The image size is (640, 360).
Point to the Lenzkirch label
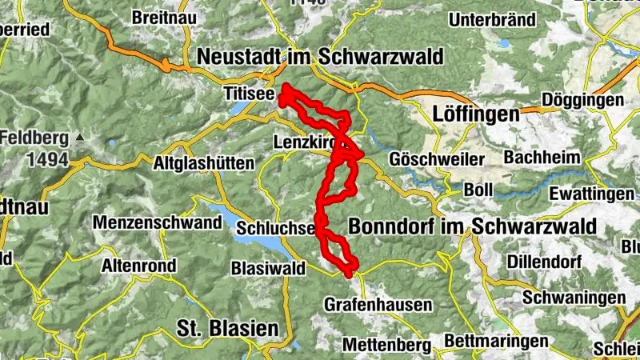(302, 140)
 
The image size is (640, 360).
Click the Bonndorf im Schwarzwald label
(472, 226)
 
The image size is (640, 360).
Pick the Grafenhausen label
(378, 305)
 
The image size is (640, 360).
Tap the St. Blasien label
(227, 328)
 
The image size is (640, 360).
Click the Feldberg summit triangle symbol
(79, 138)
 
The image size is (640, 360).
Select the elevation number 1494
(46, 160)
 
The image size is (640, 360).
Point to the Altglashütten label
(203, 163)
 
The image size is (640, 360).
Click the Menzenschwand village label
(157, 222)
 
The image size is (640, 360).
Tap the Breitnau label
(160, 17)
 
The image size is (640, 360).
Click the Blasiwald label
(267, 268)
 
